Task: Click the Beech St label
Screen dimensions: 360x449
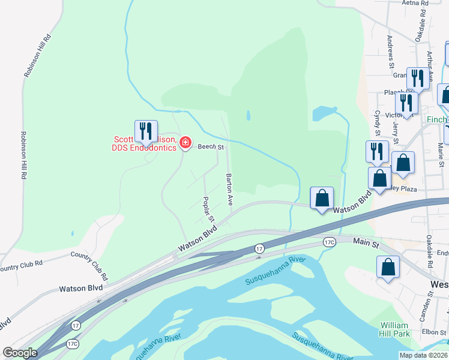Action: click(211, 146)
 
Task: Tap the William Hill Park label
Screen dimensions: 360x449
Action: click(394, 329)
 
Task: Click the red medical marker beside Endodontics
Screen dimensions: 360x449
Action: click(185, 143)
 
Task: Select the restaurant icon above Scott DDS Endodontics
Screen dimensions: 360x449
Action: click(146, 131)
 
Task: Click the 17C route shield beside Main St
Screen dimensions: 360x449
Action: click(329, 242)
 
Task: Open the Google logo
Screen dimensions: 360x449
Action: click(20, 353)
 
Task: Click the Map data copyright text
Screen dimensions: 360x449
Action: click(424, 355)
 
